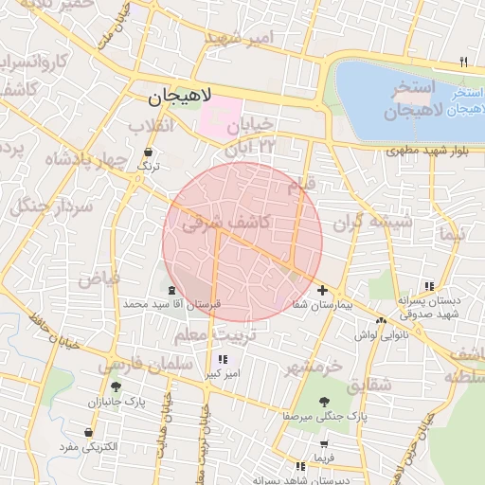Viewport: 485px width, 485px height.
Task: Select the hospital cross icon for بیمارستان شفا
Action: pos(323,290)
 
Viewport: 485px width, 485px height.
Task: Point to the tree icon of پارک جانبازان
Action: pos(116,386)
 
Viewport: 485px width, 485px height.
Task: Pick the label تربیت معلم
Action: pos(201,336)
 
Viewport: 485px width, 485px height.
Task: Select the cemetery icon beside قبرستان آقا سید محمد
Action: pos(171,289)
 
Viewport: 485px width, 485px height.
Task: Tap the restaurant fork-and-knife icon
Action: pos(462,63)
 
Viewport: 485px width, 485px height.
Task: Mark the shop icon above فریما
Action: pos(325,443)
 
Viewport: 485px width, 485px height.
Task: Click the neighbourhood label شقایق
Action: pos(368,386)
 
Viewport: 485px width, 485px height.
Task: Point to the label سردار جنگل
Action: pos(48,206)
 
